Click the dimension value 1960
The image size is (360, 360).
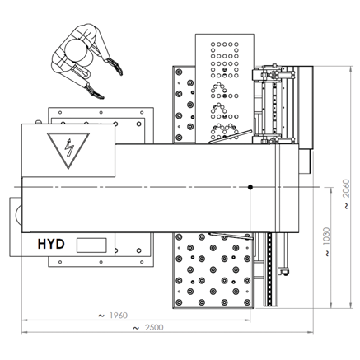[x=119, y=316]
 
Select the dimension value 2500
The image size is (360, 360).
[x=154, y=327]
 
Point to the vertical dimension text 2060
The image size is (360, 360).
[x=346, y=189]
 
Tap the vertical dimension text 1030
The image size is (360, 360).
[x=326, y=236]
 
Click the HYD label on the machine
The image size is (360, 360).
[x=51, y=244]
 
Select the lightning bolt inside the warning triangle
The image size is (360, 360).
[x=69, y=147]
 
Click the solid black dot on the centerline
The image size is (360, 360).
[x=250, y=187]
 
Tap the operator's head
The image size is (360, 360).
[x=76, y=49]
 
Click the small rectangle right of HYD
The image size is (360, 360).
[x=91, y=245]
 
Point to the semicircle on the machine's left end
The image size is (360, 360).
[x=17, y=215]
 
